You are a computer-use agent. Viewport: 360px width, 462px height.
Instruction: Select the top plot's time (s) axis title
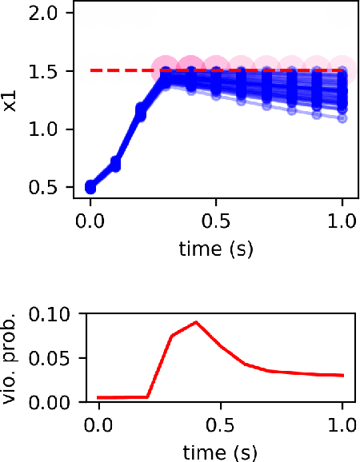coord(216,249)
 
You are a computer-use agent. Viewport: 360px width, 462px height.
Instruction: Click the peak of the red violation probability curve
coord(196,322)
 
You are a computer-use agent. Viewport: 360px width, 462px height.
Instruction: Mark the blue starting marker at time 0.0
coord(90,187)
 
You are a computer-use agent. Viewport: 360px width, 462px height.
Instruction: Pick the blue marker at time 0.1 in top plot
coord(115,165)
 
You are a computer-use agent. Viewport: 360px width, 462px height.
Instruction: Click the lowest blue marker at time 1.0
coord(342,118)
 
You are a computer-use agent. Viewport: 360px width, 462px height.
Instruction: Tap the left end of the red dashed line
coord(91,71)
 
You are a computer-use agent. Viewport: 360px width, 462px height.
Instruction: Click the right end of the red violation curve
coord(342,375)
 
